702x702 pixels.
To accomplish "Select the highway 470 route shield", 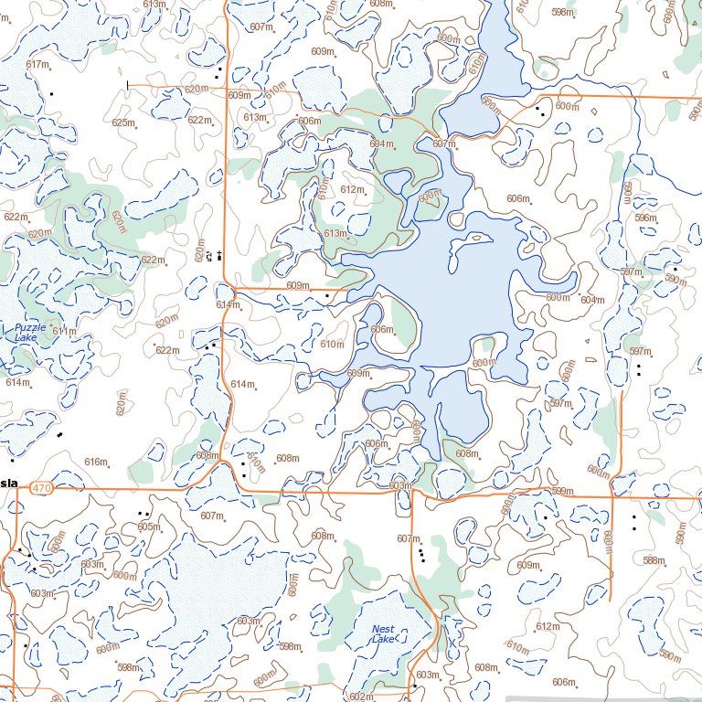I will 41,490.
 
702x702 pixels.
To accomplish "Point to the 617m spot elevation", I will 37,64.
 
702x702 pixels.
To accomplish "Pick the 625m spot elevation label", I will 123,122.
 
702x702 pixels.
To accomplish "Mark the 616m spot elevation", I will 96,462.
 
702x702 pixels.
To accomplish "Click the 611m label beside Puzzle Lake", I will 64,331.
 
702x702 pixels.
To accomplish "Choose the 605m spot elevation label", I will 148,526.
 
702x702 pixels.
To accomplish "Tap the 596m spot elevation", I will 645,218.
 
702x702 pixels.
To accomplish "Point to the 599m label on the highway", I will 561,492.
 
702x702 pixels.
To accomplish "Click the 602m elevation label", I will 360,697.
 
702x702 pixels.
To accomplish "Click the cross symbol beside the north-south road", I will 219,255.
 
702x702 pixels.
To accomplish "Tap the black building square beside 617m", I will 52,93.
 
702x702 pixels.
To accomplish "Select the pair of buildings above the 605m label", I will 143,514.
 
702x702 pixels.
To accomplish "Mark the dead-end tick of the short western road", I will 127,86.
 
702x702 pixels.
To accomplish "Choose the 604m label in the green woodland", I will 382,144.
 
